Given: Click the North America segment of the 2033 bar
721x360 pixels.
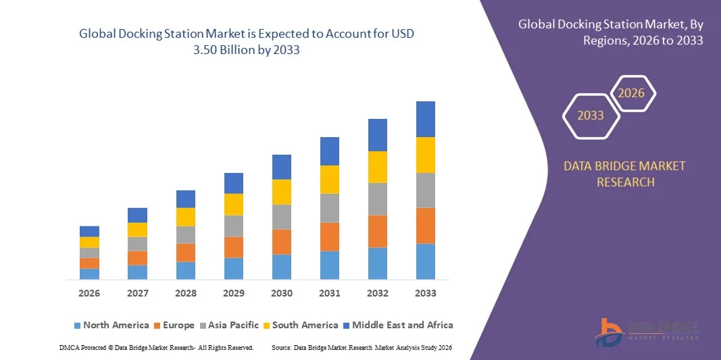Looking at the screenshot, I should [425, 261].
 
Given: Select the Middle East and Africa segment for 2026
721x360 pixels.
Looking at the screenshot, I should [89, 231].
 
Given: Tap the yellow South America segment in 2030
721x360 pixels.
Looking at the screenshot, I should [282, 192].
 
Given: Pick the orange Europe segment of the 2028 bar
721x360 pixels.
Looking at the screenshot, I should [186, 253].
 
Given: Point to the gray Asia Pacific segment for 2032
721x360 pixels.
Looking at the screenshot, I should [378, 199].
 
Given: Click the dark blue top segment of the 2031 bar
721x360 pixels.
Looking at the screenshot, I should [330, 151].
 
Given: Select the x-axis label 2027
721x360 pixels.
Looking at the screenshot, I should [137, 293].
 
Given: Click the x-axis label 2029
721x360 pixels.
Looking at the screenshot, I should [233, 293].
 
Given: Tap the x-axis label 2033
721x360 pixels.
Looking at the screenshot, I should [425, 293].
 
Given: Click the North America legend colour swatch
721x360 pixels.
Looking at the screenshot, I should [77, 326].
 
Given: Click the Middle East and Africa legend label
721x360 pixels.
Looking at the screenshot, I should [402, 325].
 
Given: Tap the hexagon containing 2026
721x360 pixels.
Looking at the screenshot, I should [632, 93].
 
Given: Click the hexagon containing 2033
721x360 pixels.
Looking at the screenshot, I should [591, 115].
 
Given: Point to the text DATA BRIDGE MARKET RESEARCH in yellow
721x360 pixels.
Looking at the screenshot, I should [624, 174].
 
